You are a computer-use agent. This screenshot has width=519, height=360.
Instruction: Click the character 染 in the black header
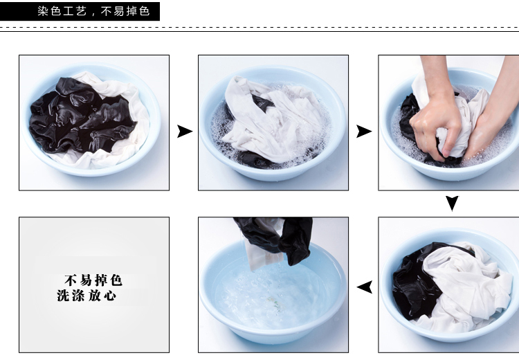[43, 11]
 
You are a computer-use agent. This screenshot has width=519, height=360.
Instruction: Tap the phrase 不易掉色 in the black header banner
[125, 11]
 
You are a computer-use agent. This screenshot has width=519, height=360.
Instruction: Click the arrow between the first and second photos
[185, 131]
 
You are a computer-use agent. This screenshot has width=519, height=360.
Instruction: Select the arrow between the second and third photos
[364, 131]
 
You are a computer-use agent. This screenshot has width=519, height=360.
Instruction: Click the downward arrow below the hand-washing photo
[452, 203]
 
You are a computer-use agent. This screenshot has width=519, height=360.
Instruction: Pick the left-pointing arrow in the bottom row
[365, 287]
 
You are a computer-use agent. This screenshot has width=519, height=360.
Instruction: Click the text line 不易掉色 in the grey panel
[93, 280]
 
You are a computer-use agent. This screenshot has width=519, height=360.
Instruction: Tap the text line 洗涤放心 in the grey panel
[86, 295]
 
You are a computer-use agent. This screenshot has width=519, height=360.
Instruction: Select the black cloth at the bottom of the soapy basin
[257, 159]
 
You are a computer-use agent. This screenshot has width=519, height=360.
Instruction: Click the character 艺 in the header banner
[82, 11]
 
